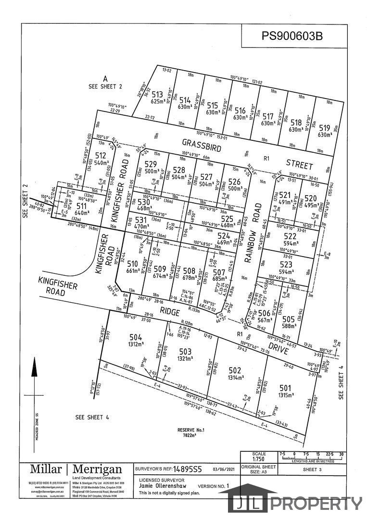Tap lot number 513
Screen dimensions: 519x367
[x=157, y=95]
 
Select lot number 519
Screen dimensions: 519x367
[x=324, y=128]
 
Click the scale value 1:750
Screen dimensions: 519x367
[x=259, y=459]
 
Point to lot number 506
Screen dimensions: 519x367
[x=264, y=313]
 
